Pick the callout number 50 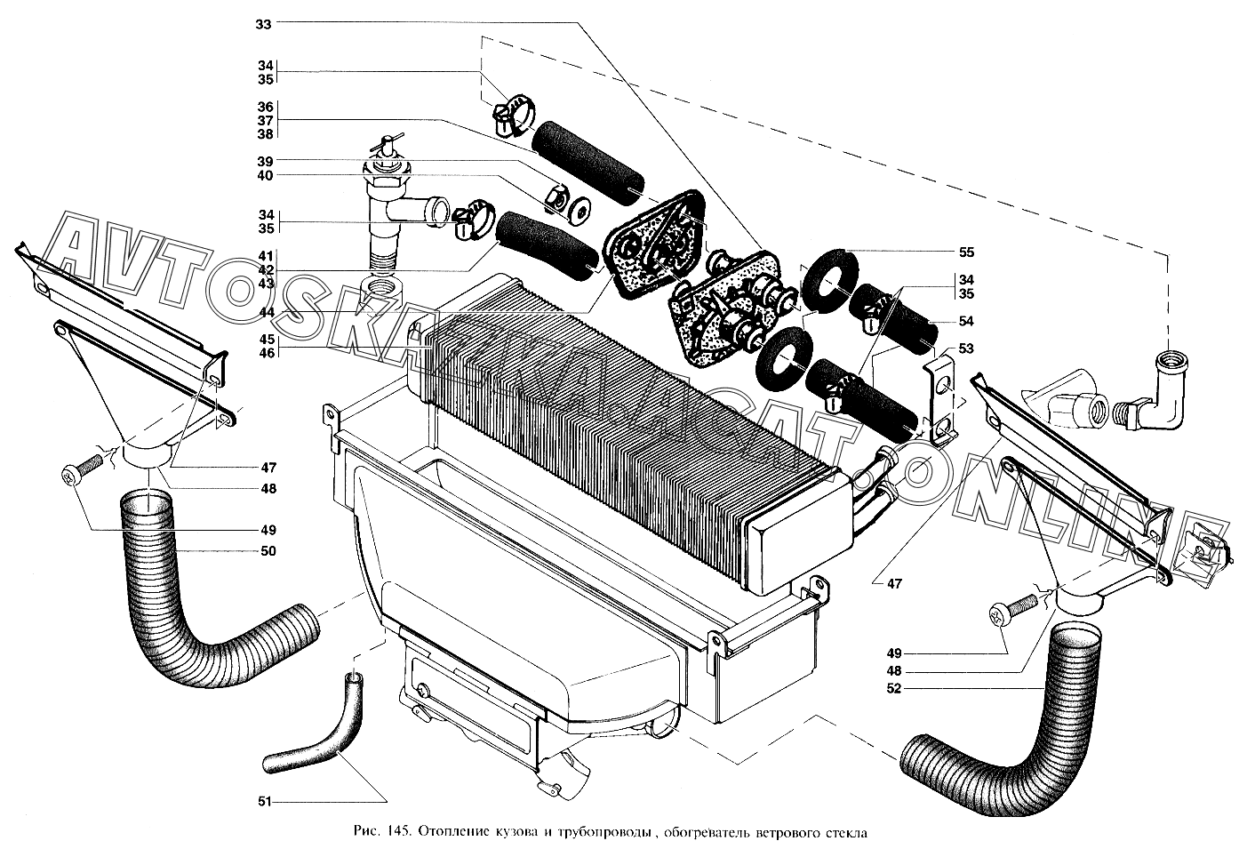(268, 551)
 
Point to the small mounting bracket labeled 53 (942, 391)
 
